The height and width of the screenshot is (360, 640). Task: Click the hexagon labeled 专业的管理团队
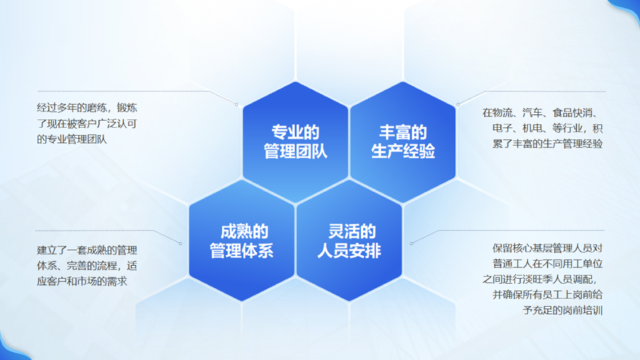pos(295,142)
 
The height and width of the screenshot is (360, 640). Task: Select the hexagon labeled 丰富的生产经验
pos(403,142)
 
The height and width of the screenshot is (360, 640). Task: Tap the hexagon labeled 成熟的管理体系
pos(242,241)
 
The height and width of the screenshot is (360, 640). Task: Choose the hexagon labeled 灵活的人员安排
pos(349,241)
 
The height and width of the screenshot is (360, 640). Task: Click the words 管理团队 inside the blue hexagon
pos(295,151)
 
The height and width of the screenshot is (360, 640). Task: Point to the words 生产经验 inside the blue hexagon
pos(403,151)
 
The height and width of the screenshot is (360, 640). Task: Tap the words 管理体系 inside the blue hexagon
pos(242,250)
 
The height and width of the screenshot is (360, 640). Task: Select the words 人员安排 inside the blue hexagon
pos(349,250)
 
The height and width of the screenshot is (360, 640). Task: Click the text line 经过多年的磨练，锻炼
pos(87,108)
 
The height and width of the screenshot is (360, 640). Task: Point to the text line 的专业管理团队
pos(72,139)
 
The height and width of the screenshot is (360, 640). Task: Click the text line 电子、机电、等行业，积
pos(547,128)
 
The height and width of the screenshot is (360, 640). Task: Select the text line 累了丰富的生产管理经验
pos(547,144)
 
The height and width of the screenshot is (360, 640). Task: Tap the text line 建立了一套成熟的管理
pos(87,250)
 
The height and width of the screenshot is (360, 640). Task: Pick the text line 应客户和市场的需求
pos(82,281)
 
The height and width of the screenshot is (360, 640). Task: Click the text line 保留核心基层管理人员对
pos(547,248)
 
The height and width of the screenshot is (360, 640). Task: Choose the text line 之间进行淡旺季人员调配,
pos(539,280)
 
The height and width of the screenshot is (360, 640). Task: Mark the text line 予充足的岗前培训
pos(563,310)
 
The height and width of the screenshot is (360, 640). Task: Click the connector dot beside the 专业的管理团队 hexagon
pos(237,104)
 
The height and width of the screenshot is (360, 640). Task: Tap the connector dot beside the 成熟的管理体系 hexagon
pos(180,244)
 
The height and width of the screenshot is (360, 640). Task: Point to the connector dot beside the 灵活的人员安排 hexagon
pos(411,244)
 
